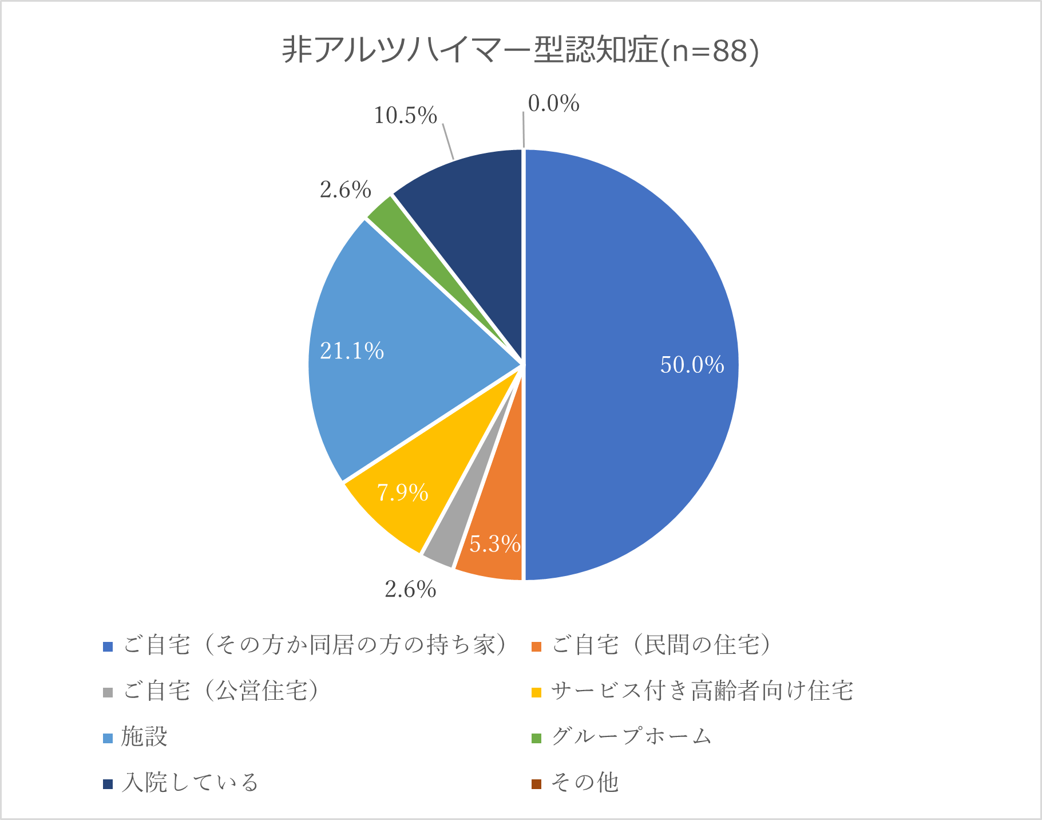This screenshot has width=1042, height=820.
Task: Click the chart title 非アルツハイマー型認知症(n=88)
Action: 520,50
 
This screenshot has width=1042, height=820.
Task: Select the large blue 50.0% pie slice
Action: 629,366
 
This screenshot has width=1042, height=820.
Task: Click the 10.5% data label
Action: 405,116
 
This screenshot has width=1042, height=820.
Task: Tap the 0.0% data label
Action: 553,104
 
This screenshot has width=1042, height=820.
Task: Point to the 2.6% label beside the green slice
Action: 345,190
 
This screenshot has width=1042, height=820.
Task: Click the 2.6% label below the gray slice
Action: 410,589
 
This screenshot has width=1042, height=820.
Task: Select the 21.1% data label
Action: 351,351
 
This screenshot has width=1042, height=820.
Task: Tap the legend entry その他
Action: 584,783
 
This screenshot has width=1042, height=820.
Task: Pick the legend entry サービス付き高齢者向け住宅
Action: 702,691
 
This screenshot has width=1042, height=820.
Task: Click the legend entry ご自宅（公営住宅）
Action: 220,691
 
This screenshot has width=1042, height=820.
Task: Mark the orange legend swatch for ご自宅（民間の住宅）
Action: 536,646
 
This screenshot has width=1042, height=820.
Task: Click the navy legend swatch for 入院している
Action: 108,784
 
